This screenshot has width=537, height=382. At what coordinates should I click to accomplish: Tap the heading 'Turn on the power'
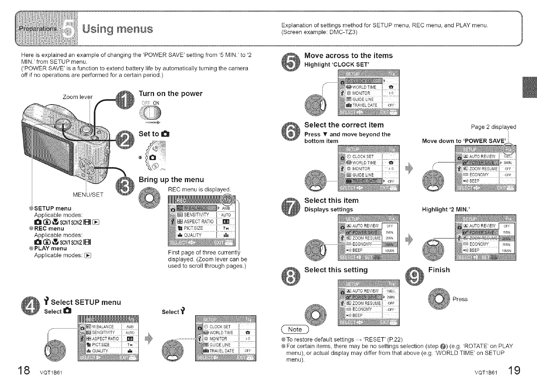tap(170, 93)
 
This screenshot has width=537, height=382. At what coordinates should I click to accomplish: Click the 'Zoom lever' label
tap(77, 97)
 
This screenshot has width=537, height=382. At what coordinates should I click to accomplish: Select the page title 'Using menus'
tap(117, 29)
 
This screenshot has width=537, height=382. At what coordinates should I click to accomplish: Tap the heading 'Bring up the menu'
tap(171, 180)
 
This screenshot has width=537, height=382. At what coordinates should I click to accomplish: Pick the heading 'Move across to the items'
tap(348, 56)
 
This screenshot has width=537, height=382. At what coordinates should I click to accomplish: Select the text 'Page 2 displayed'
tap(493, 127)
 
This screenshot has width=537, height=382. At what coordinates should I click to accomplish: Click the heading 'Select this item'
tap(331, 200)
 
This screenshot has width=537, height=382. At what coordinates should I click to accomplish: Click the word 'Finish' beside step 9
tap(439, 270)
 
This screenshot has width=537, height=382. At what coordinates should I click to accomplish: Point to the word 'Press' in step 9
tap(460, 299)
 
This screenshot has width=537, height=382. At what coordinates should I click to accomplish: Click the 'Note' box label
tap(295, 329)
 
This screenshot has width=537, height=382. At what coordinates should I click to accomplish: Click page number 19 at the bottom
tap(514, 371)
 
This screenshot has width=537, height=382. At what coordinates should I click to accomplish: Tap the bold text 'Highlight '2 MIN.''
tap(446, 210)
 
